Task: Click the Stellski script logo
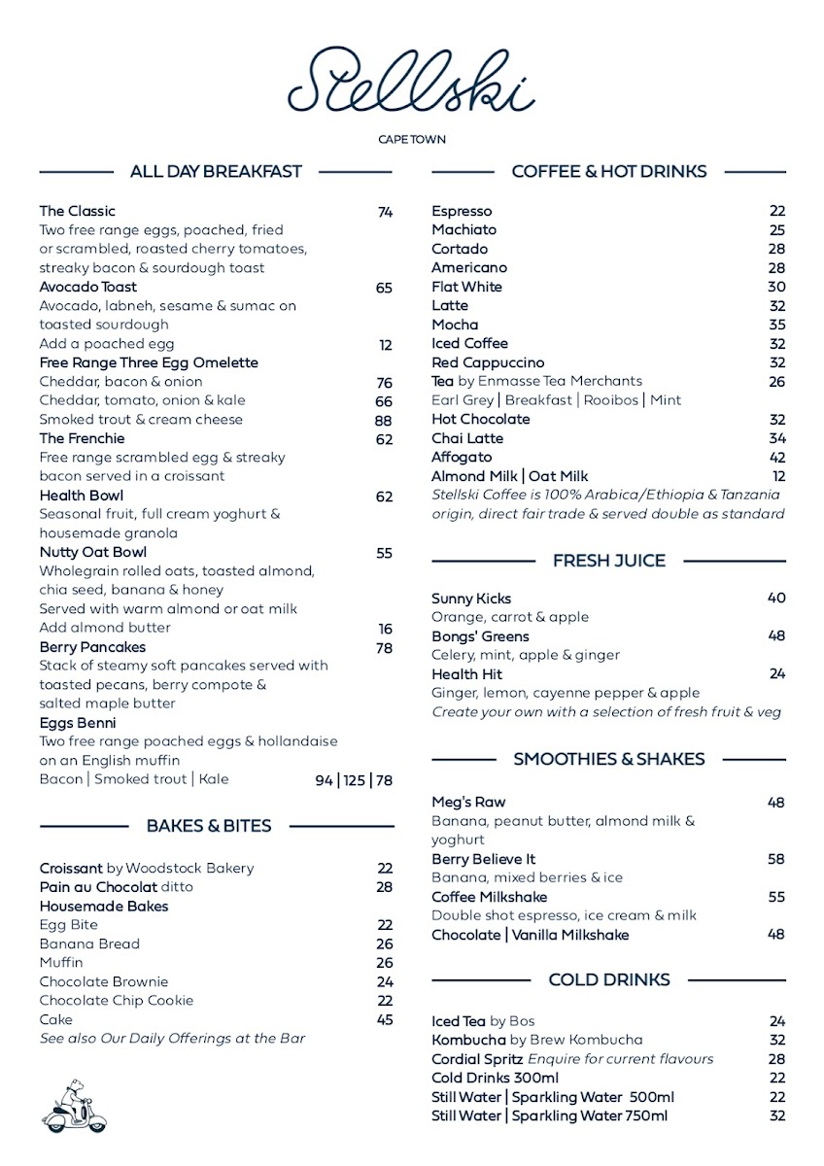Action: point(411,80)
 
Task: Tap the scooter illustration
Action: point(75,1105)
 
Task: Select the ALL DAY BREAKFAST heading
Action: point(216,172)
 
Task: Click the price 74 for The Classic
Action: point(385,212)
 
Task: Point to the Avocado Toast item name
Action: point(87,288)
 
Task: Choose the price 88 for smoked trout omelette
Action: point(384,420)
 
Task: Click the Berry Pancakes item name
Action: point(92,647)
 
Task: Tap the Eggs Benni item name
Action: point(77,723)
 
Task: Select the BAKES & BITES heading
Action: point(209,826)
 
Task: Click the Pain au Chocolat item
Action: point(98,887)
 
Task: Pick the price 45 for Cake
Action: point(385,1019)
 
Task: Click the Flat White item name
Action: point(466,287)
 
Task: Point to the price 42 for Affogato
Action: point(776,457)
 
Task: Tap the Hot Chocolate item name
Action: point(480,419)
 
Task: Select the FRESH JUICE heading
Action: point(609,561)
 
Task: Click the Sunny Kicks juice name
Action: point(470,599)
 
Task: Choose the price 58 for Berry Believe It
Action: point(776,859)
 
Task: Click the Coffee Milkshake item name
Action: point(489,897)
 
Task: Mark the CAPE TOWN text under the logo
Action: point(412,140)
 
